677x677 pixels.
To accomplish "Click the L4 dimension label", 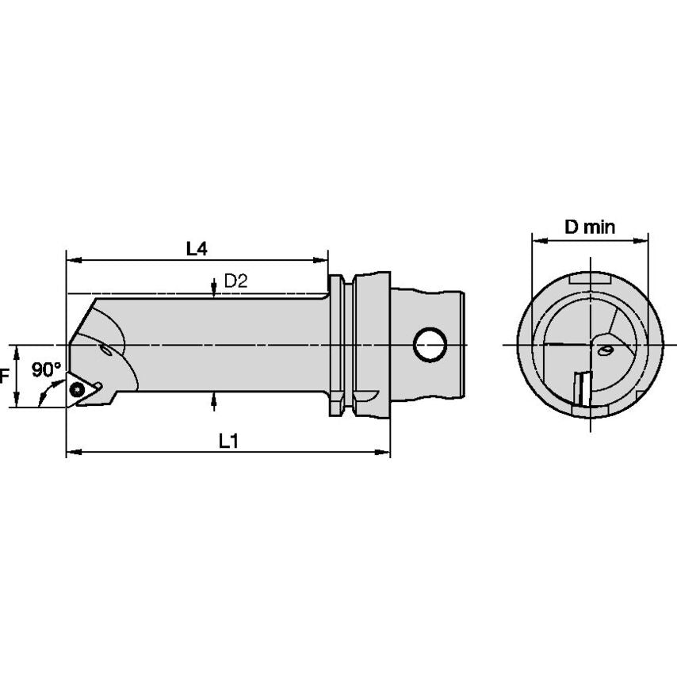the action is click(197, 249).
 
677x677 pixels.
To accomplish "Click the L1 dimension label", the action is click(228, 441).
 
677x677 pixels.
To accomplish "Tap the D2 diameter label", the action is click(235, 281).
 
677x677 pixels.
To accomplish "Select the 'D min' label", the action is click(590, 227).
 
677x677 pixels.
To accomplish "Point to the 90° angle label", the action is click(46, 370).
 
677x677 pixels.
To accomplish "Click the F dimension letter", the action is click(4, 376).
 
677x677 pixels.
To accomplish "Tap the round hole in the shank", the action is click(430, 345).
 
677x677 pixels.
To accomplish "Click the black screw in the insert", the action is click(77, 389).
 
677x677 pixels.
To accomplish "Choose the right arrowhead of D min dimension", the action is click(641, 240).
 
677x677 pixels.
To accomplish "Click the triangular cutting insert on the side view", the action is click(81, 390).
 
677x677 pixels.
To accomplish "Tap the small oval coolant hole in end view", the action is click(606, 350).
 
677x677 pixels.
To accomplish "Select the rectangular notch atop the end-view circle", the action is click(590, 279).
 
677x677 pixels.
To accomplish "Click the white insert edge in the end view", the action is click(584, 389).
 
